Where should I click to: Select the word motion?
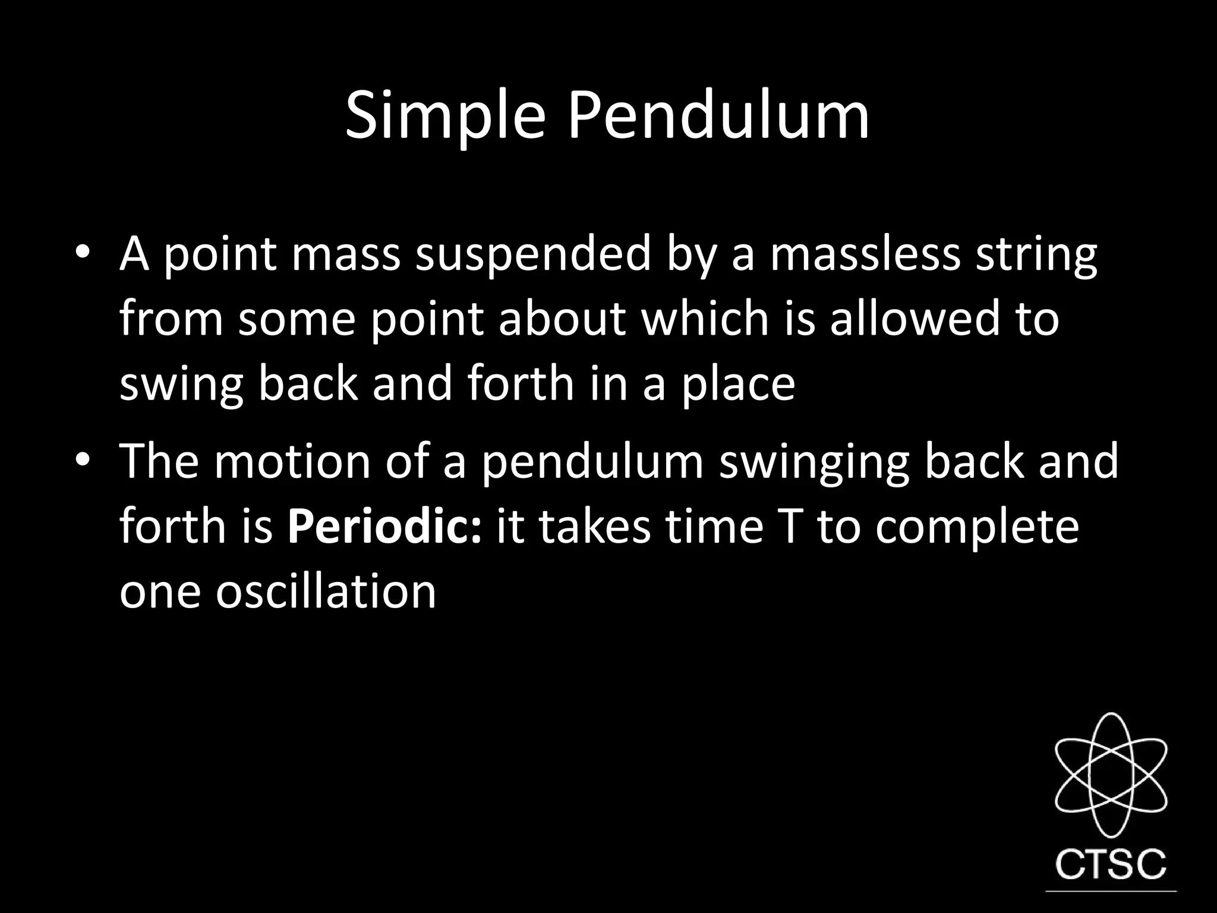[x=292, y=461]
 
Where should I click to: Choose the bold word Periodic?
[x=384, y=527]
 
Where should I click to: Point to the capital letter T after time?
[x=790, y=527]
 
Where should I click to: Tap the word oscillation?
[x=326, y=592]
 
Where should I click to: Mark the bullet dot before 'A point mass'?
[x=83, y=255]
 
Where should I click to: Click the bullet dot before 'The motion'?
[x=83, y=461]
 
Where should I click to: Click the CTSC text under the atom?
[x=1111, y=865]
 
